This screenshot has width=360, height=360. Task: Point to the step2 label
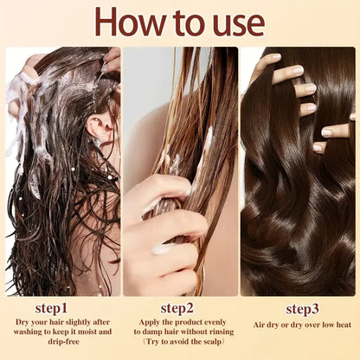pos(178,307)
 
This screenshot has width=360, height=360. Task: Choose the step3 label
pos(303,309)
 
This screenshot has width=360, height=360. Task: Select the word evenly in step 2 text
pos(215,323)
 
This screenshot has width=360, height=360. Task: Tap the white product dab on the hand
pos(160,250)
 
